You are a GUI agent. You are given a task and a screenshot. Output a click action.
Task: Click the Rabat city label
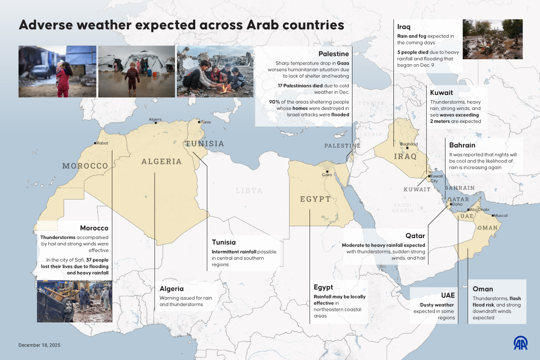pyautogui.click(x=102, y=143)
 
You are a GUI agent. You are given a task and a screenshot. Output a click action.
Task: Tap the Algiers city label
pyautogui.click(x=155, y=119)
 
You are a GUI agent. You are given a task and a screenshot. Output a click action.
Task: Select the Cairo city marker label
pyautogui.click(x=327, y=175)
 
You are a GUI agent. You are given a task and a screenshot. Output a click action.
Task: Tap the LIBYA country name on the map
pyautogui.click(x=249, y=191)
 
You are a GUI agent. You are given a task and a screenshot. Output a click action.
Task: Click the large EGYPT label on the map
pyautogui.click(x=315, y=199)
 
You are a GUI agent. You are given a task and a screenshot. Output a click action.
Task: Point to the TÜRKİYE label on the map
pyautogui.click(x=371, y=104)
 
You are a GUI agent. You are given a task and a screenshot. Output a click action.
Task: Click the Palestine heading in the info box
pyautogui.click(x=334, y=53)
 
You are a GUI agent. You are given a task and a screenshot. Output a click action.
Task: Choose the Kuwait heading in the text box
pyautogui.click(x=441, y=92)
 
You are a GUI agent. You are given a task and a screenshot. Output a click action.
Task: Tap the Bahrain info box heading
pyautogui.click(x=462, y=145)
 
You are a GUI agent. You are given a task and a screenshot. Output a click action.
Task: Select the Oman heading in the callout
pyautogui.click(x=483, y=289)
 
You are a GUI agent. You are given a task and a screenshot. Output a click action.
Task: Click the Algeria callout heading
pyautogui.click(x=172, y=289)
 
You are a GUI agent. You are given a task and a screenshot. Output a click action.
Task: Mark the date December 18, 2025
pyautogui.click(x=40, y=345)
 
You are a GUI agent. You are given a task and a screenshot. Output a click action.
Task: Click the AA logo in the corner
pyautogui.click(x=520, y=343)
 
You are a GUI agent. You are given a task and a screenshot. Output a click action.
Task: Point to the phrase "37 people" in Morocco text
pyautogui.click(x=96, y=260)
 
